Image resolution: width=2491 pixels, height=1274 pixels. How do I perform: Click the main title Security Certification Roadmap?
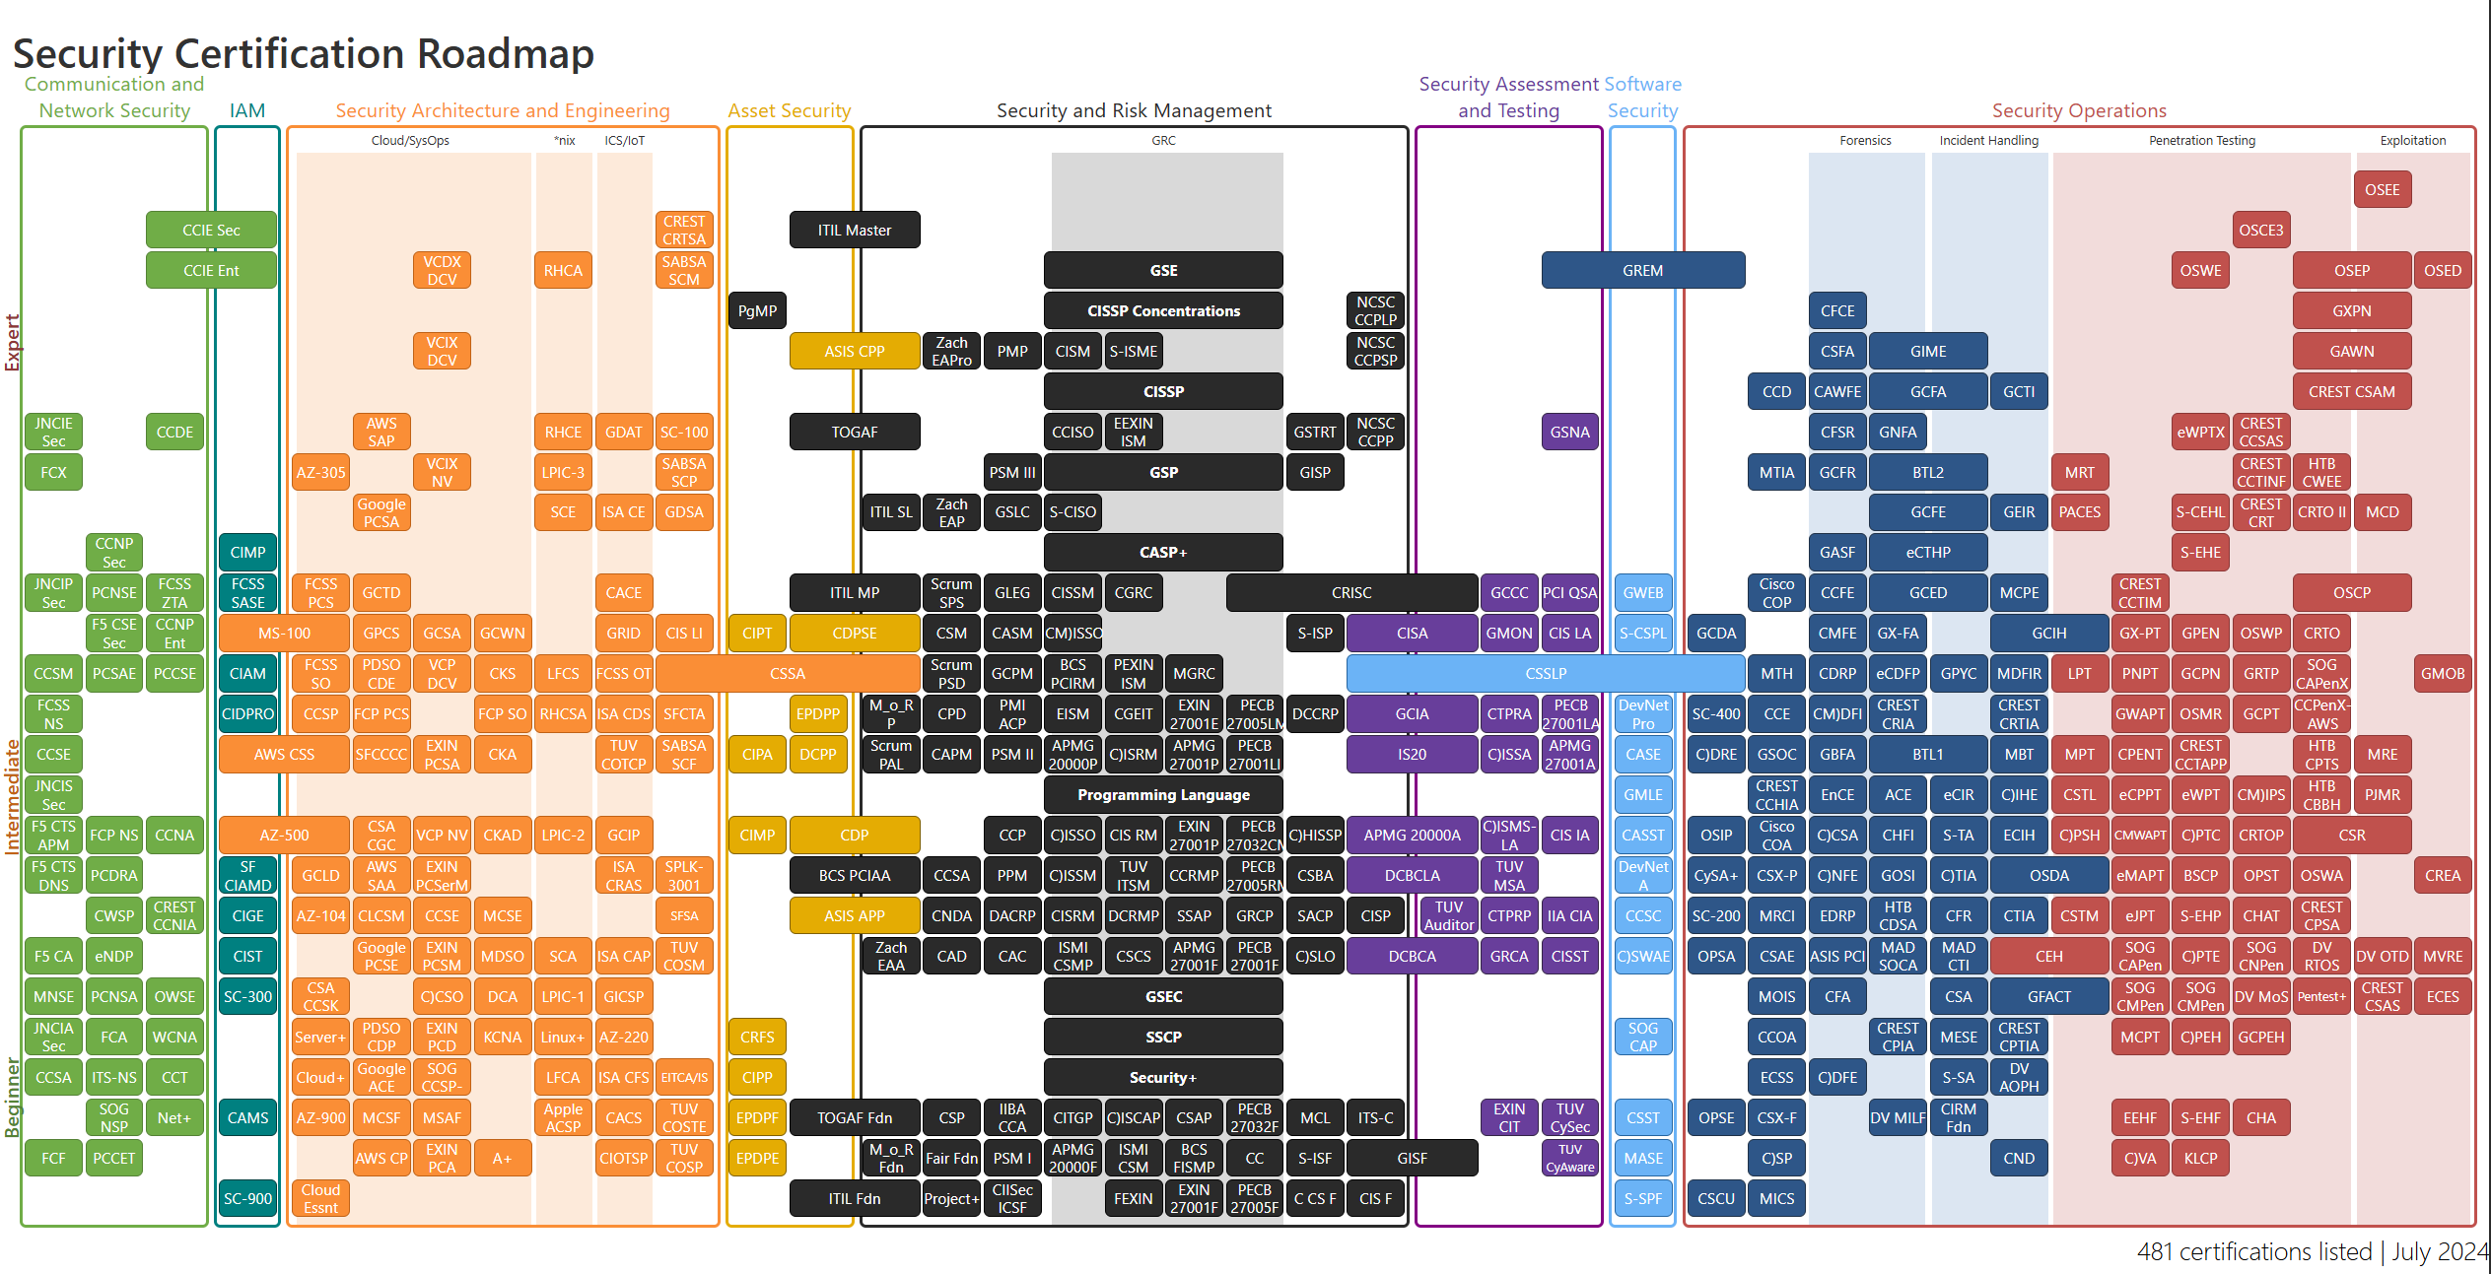coord(304,53)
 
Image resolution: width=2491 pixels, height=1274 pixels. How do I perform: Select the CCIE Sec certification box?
coord(211,231)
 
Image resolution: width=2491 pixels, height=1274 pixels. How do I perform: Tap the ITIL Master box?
coord(854,231)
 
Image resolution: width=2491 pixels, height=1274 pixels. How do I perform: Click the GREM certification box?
coord(1642,271)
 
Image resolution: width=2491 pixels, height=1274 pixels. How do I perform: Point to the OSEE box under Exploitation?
coord(2382,190)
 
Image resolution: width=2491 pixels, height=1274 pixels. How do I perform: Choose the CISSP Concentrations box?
coord(1163,311)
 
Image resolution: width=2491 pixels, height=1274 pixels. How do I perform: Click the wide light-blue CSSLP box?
coord(1545,674)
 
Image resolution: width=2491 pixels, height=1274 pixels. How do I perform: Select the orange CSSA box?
coord(787,674)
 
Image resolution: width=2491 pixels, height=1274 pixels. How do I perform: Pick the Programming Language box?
coord(1163,795)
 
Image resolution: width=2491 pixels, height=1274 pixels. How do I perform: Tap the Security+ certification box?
coord(1163,1078)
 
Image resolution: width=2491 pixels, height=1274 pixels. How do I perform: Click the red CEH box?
coord(2048,957)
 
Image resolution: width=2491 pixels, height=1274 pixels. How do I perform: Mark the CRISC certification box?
coord(1350,593)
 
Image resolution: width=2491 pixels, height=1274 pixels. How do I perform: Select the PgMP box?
coord(757,311)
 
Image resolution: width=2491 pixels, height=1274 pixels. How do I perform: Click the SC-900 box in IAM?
coord(247,1199)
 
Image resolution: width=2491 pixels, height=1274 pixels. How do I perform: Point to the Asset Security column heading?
coord(789,111)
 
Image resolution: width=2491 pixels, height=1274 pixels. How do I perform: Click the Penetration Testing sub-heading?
coord(2201,141)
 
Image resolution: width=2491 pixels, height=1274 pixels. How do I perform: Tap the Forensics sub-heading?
coord(1865,141)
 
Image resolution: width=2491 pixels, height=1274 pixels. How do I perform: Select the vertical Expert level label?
coord(13,343)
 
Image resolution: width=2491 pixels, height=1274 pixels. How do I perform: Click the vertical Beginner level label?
coord(13,1098)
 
